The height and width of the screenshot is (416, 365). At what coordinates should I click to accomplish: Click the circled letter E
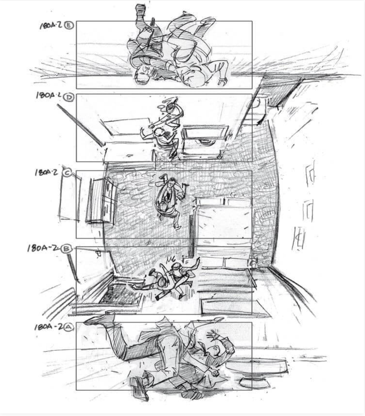(x=69, y=26)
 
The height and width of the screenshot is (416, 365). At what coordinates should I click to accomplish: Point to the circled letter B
(x=66, y=249)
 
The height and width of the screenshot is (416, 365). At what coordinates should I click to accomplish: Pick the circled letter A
(x=69, y=327)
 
